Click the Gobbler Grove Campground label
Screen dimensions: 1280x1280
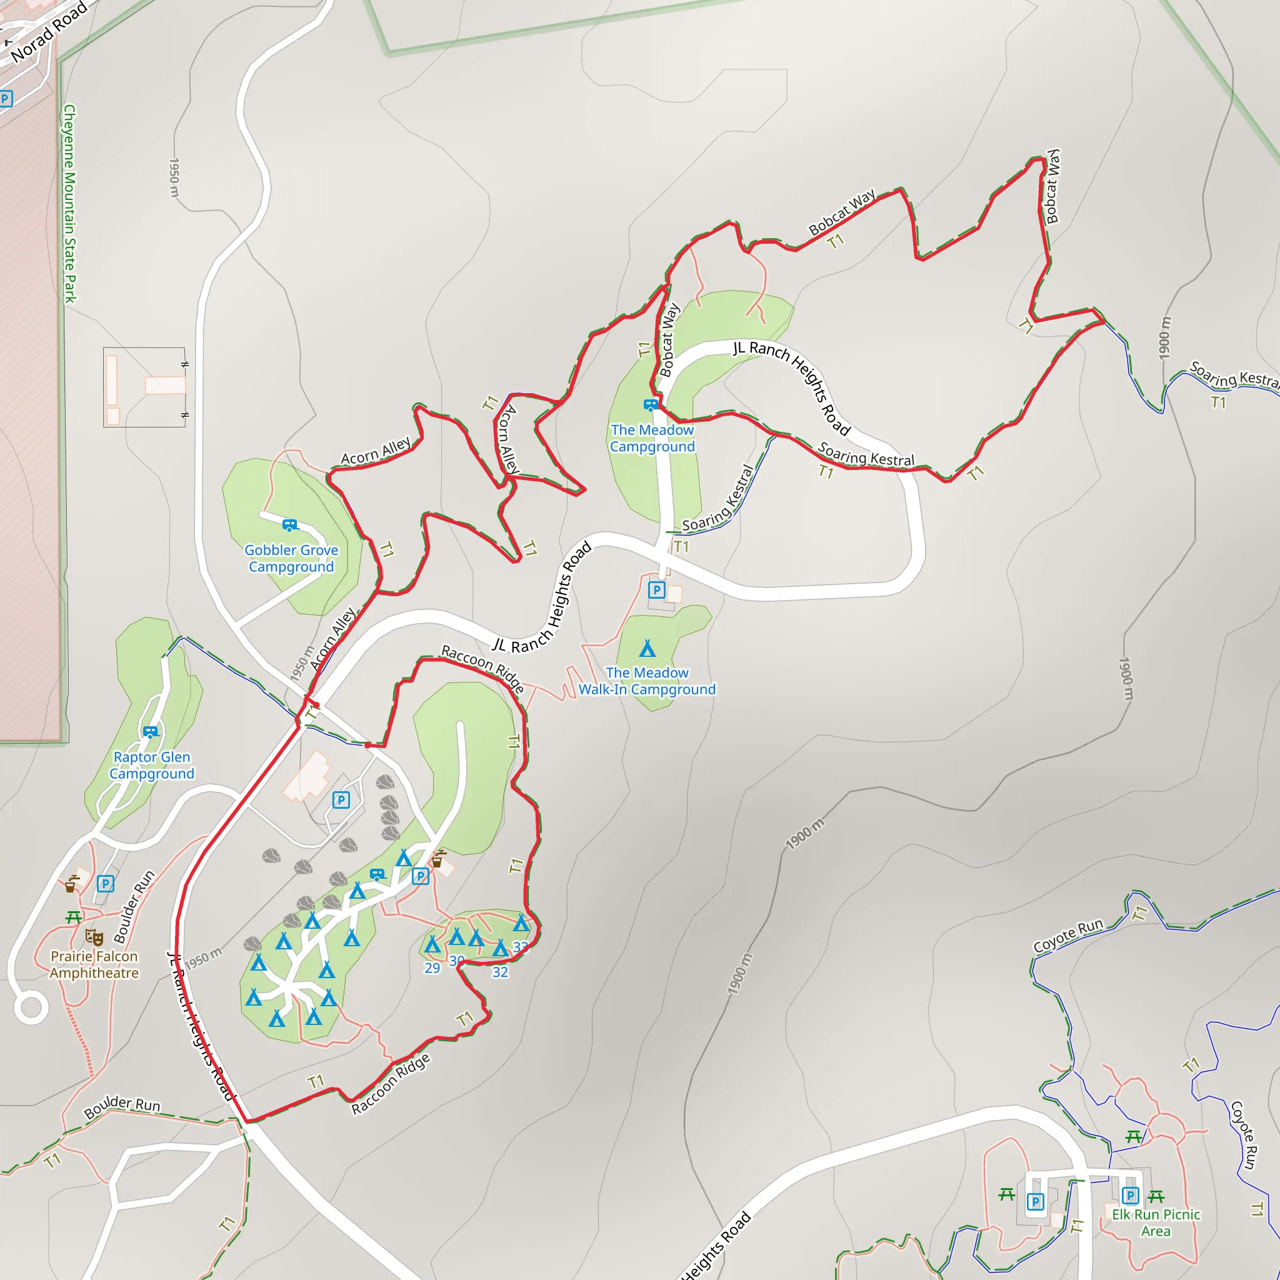point(291,558)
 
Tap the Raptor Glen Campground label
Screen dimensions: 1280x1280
point(152,764)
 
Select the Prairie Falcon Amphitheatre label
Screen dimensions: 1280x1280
point(94,964)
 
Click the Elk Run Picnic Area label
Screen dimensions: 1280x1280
point(1156,1222)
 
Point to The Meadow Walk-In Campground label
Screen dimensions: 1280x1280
point(647,681)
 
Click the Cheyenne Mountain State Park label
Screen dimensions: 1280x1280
point(69,203)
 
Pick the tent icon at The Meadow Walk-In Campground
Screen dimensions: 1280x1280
point(647,648)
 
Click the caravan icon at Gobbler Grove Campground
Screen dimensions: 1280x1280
point(289,525)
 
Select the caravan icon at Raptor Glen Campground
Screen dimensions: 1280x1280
point(151,731)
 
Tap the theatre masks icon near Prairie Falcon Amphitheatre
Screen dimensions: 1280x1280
point(94,937)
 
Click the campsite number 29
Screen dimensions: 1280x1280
point(432,968)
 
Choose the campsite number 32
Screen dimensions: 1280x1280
point(500,972)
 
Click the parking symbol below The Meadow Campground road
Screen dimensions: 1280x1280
point(656,589)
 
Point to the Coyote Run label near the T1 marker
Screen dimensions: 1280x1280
point(1068,936)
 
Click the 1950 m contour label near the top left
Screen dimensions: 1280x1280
point(174,177)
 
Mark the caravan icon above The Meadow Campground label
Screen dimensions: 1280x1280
point(651,404)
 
